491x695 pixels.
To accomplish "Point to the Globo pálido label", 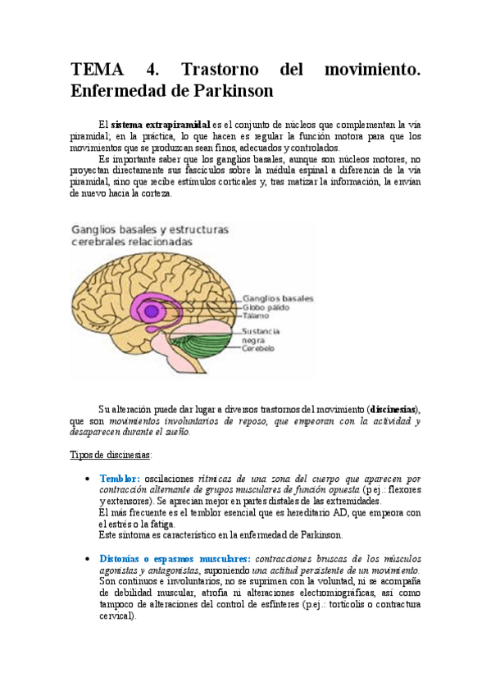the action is pyautogui.click(x=267, y=307).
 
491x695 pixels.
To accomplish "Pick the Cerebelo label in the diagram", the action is pyautogui.click(x=257, y=348).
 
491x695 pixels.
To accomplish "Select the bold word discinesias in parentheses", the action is pyautogui.click(x=393, y=408).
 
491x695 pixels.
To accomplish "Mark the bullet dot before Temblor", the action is pyautogui.click(x=88, y=479).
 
